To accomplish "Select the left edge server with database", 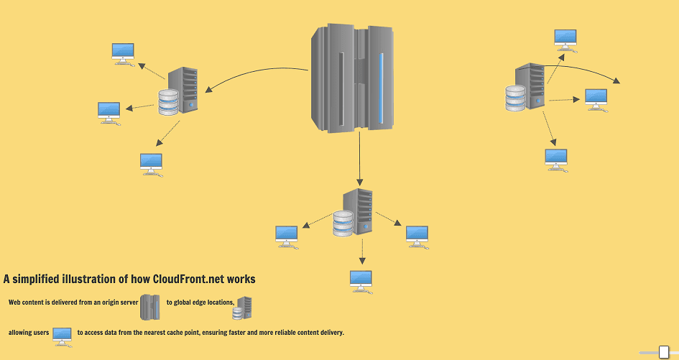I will [179, 91].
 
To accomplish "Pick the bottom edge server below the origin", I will [354, 213].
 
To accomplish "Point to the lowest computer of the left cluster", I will [151, 164].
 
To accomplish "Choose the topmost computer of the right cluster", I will [565, 39].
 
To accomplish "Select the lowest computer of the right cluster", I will [556, 159].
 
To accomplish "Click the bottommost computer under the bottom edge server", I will [361, 281].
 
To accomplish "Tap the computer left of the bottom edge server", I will [287, 236].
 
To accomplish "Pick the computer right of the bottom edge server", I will [417, 236].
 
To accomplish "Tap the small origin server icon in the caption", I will [150, 307].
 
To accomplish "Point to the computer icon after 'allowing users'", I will [63, 335].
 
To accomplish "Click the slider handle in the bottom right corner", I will [664, 352].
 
